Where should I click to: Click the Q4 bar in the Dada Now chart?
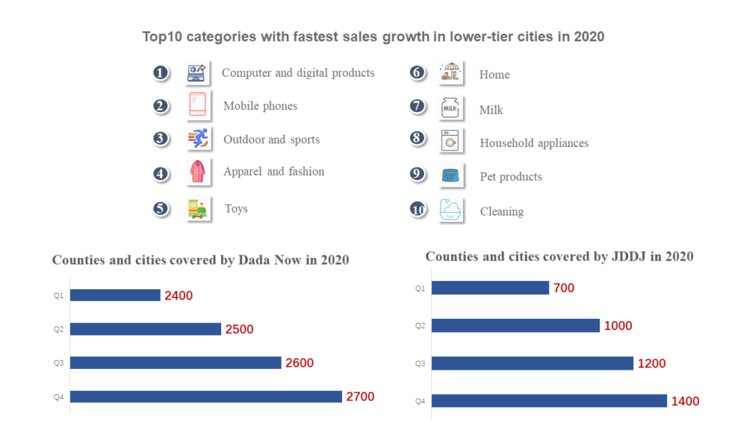coord(206,396)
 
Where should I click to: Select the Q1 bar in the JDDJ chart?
coord(490,288)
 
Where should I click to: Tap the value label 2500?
coord(239,329)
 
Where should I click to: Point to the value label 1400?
coord(685,401)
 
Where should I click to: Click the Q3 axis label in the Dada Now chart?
coord(58,362)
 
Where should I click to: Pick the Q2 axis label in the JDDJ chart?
coord(420,325)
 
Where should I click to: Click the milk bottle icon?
coord(450,108)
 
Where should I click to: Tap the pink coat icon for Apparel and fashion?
coord(197,172)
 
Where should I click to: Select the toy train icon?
coord(197,209)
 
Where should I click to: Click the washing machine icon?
coord(450,141)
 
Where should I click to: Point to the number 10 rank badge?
coord(418,210)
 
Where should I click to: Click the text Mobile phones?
coord(260,106)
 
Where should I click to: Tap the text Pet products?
coord(510,177)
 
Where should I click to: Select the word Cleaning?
coord(501,212)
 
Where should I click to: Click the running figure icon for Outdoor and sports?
coord(197,138)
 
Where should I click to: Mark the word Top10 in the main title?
coord(161,37)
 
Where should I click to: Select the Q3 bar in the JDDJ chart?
coord(532,363)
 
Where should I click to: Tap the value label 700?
coord(563,288)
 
